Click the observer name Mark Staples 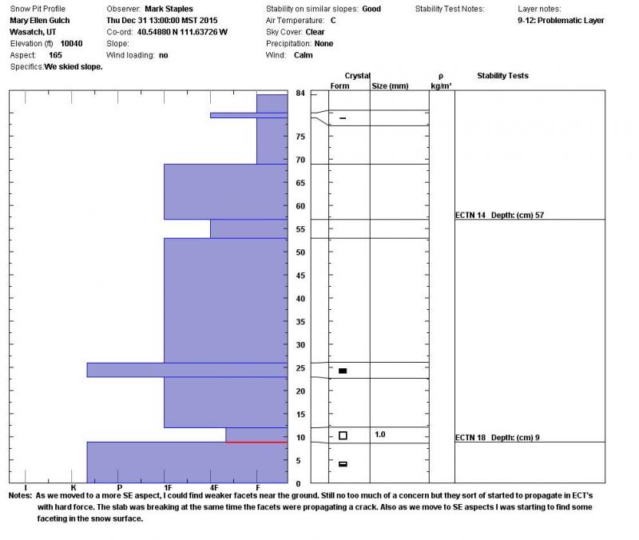point(169,9)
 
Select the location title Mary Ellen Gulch point(39,21)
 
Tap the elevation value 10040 point(71,44)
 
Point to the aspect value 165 point(55,55)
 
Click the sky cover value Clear point(315,32)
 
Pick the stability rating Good point(371,9)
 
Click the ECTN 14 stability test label point(470,215)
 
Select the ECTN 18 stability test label point(470,437)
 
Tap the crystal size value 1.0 point(380,435)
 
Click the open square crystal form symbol point(343,435)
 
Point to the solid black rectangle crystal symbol point(343,371)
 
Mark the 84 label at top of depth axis point(300,93)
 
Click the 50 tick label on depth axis point(300,252)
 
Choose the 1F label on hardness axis point(168,487)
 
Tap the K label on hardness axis point(73,487)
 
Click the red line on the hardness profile point(256,443)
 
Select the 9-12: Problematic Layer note point(561,21)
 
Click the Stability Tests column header point(502,75)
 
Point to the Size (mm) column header point(390,86)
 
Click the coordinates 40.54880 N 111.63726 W point(182,32)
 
